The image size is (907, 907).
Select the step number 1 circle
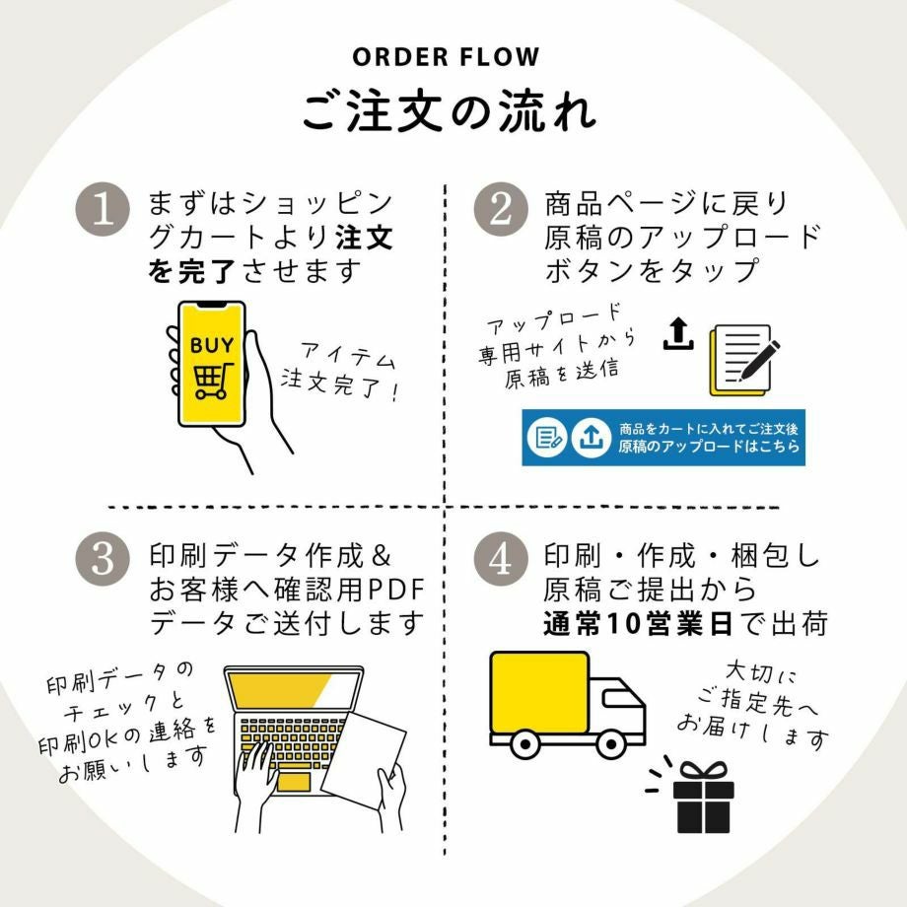click(x=104, y=211)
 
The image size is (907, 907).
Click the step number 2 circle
click(x=500, y=211)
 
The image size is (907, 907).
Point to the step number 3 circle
click(x=104, y=559)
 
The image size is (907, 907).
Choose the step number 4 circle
click(x=500, y=559)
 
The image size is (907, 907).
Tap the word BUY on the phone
click(x=212, y=345)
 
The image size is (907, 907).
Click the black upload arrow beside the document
click(x=677, y=334)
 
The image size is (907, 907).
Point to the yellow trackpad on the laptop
click(x=293, y=781)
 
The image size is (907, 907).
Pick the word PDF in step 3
click(x=394, y=591)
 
